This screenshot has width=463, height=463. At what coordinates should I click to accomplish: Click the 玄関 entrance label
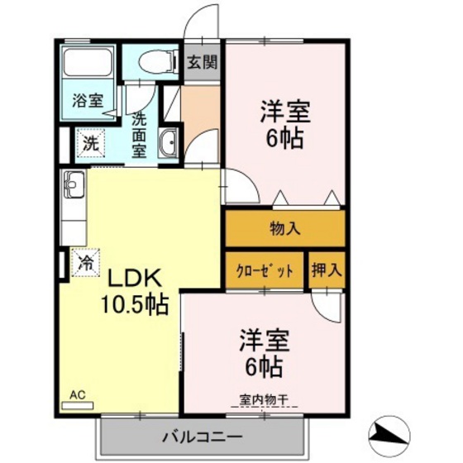click(x=200, y=62)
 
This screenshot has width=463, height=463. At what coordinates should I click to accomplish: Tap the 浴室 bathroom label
click(x=87, y=102)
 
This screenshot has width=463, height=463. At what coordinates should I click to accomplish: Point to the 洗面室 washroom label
click(x=140, y=134)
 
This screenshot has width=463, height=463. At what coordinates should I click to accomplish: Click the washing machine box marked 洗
click(x=91, y=142)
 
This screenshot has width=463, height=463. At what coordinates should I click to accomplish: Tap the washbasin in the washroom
click(x=168, y=142)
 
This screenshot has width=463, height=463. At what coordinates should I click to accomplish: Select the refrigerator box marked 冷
click(x=85, y=263)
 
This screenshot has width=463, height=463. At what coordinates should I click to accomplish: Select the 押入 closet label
click(x=326, y=270)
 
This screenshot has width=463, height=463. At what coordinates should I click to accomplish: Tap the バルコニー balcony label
click(x=201, y=436)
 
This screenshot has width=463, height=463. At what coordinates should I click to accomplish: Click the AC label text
click(x=78, y=394)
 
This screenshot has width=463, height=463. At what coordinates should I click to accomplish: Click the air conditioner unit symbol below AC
click(x=79, y=406)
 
